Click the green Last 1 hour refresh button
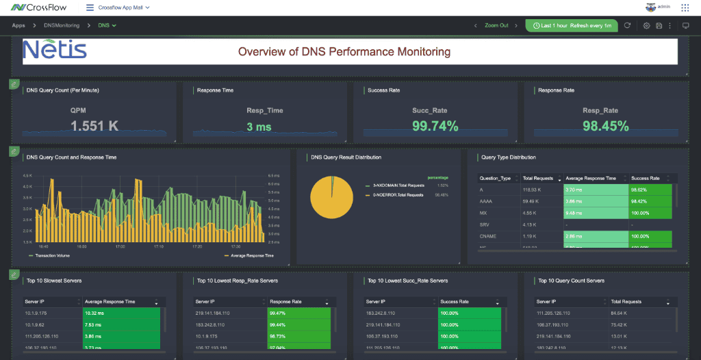coord(571,25)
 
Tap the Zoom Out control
coord(496,25)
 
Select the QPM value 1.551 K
coord(94,126)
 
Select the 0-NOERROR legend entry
coord(399,195)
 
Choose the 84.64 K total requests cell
coord(623,313)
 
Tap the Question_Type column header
coord(496,178)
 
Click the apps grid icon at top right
coord(685,8)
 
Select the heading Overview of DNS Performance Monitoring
coord(344,51)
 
